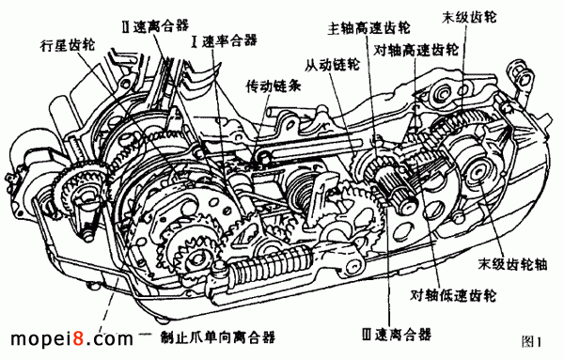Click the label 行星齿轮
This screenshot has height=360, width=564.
(68, 46)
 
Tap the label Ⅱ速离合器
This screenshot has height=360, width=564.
(156, 26)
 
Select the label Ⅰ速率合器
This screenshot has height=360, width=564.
(225, 40)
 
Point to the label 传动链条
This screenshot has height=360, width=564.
(274, 86)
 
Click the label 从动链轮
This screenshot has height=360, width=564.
(333, 64)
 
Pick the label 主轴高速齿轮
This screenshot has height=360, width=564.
(368, 27)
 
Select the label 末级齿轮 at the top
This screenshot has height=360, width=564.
(469, 17)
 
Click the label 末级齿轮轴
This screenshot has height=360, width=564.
(512, 263)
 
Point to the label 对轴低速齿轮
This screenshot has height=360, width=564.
(453, 295)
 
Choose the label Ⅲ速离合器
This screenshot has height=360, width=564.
(397, 335)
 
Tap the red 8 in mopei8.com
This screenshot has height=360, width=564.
(79, 338)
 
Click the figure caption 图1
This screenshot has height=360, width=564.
(531, 341)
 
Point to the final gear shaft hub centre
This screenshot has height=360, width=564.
(478, 173)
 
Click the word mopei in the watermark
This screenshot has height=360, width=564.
(41, 339)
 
